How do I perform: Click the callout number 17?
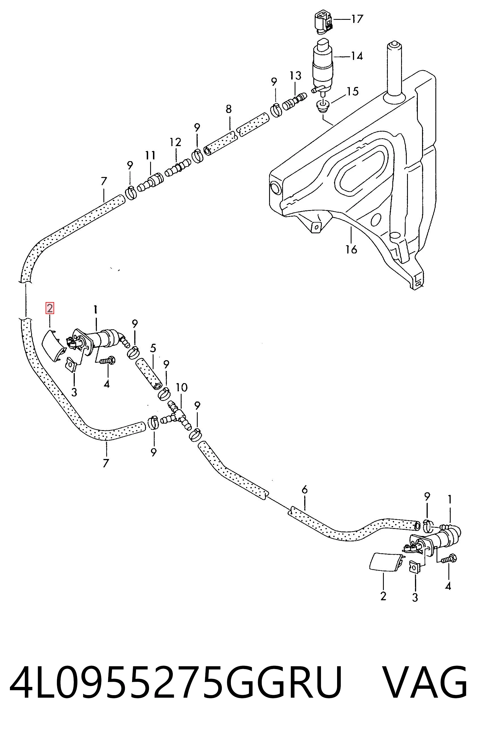pos(357,19)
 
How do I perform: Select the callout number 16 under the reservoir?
pos(351,249)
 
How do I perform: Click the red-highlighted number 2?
pos(50,308)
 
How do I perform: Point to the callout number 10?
pos(182,388)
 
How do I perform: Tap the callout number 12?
pos(175,142)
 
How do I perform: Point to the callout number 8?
pos(229,109)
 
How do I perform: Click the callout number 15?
pos(353,91)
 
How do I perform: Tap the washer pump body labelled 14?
pos(323,65)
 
